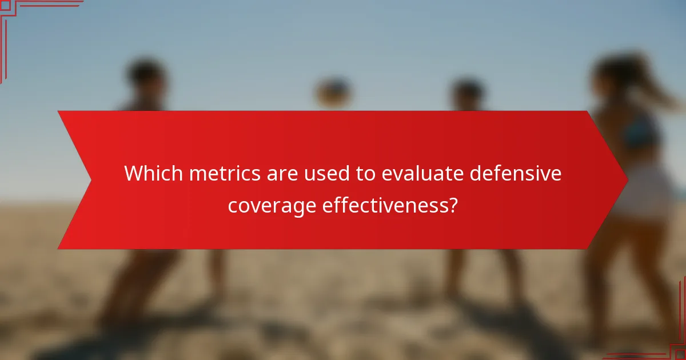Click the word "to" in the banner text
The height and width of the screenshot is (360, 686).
coord(364,173)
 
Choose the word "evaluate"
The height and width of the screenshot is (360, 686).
coord(421,173)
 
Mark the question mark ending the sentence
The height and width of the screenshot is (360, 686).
coord(453,204)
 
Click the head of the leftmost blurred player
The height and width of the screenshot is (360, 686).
coord(145,77)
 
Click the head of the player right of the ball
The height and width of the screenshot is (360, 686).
coord(468,91)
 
